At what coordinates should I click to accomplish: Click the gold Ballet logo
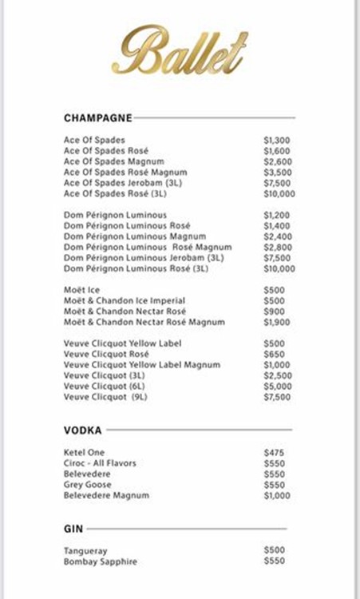click(180, 50)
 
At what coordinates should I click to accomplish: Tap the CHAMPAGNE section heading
click(97, 118)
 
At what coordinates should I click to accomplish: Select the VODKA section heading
click(83, 430)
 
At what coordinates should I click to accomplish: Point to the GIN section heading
click(73, 529)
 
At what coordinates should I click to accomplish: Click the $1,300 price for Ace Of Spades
click(277, 141)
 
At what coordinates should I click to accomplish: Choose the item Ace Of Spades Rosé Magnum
click(125, 173)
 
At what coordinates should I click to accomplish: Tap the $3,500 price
click(277, 173)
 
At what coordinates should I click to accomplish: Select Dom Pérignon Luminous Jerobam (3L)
click(144, 258)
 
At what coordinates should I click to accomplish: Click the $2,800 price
click(277, 248)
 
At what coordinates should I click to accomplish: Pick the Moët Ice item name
click(81, 290)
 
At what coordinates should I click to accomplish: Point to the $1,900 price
click(277, 322)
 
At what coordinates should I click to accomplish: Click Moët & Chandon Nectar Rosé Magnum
click(144, 322)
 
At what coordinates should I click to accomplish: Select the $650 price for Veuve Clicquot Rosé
click(274, 354)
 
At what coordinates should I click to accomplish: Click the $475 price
click(274, 453)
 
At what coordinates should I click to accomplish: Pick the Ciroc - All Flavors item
click(100, 463)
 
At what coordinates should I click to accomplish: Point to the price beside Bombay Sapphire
click(274, 561)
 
